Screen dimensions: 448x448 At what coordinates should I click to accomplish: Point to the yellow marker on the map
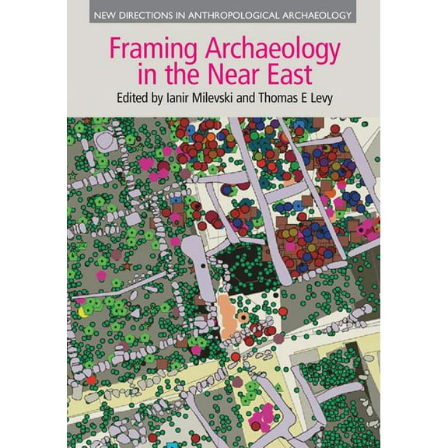click(x=82, y=313)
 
